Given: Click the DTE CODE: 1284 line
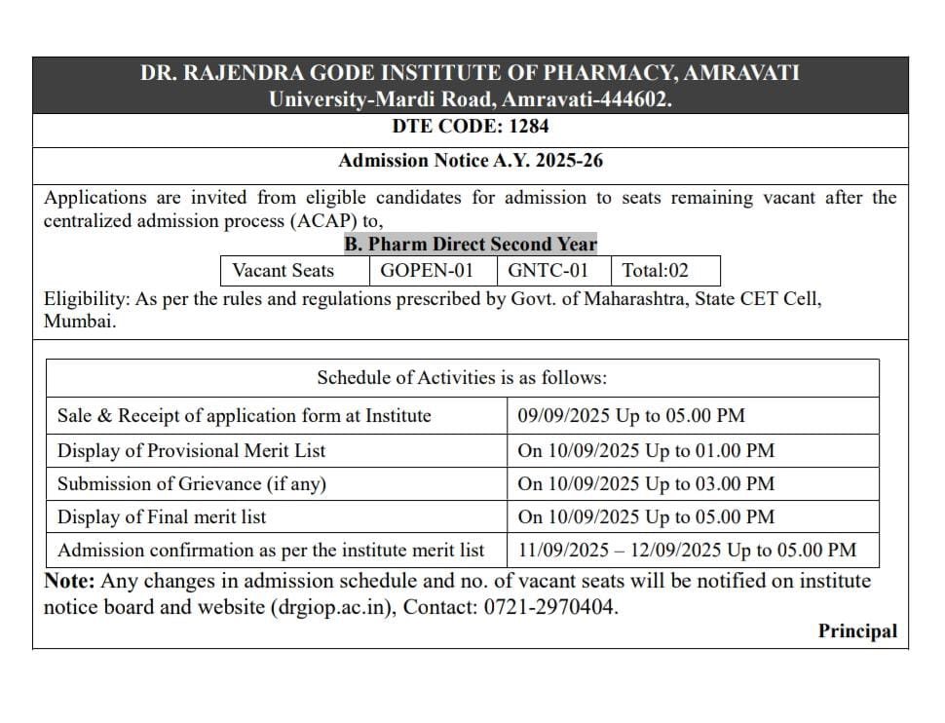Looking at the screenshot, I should tap(471, 127).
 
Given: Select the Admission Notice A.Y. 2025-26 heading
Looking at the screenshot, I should tap(471, 161).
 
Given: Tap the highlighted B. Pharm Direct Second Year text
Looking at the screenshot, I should tap(471, 244).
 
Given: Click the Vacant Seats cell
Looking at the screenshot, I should tap(283, 271).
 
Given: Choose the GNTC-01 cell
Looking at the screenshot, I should tap(548, 271).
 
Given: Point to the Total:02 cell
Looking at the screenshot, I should tap(656, 271).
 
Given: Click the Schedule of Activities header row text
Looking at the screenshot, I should tap(462, 378).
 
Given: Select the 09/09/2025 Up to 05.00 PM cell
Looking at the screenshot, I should tap(631, 416).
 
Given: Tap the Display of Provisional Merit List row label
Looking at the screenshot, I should tap(192, 450).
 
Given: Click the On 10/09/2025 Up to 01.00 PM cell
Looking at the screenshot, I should tap(646, 450).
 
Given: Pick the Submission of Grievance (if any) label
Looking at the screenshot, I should tap(192, 483).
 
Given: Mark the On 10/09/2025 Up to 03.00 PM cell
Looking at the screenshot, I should tap(646, 483).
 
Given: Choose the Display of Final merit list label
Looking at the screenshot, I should tap(162, 516).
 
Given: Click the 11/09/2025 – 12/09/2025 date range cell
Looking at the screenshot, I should tap(687, 551).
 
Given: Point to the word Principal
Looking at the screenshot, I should tap(857, 631).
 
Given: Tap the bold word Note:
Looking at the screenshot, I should tap(69, 582).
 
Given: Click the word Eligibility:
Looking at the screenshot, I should tap(87, 299).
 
